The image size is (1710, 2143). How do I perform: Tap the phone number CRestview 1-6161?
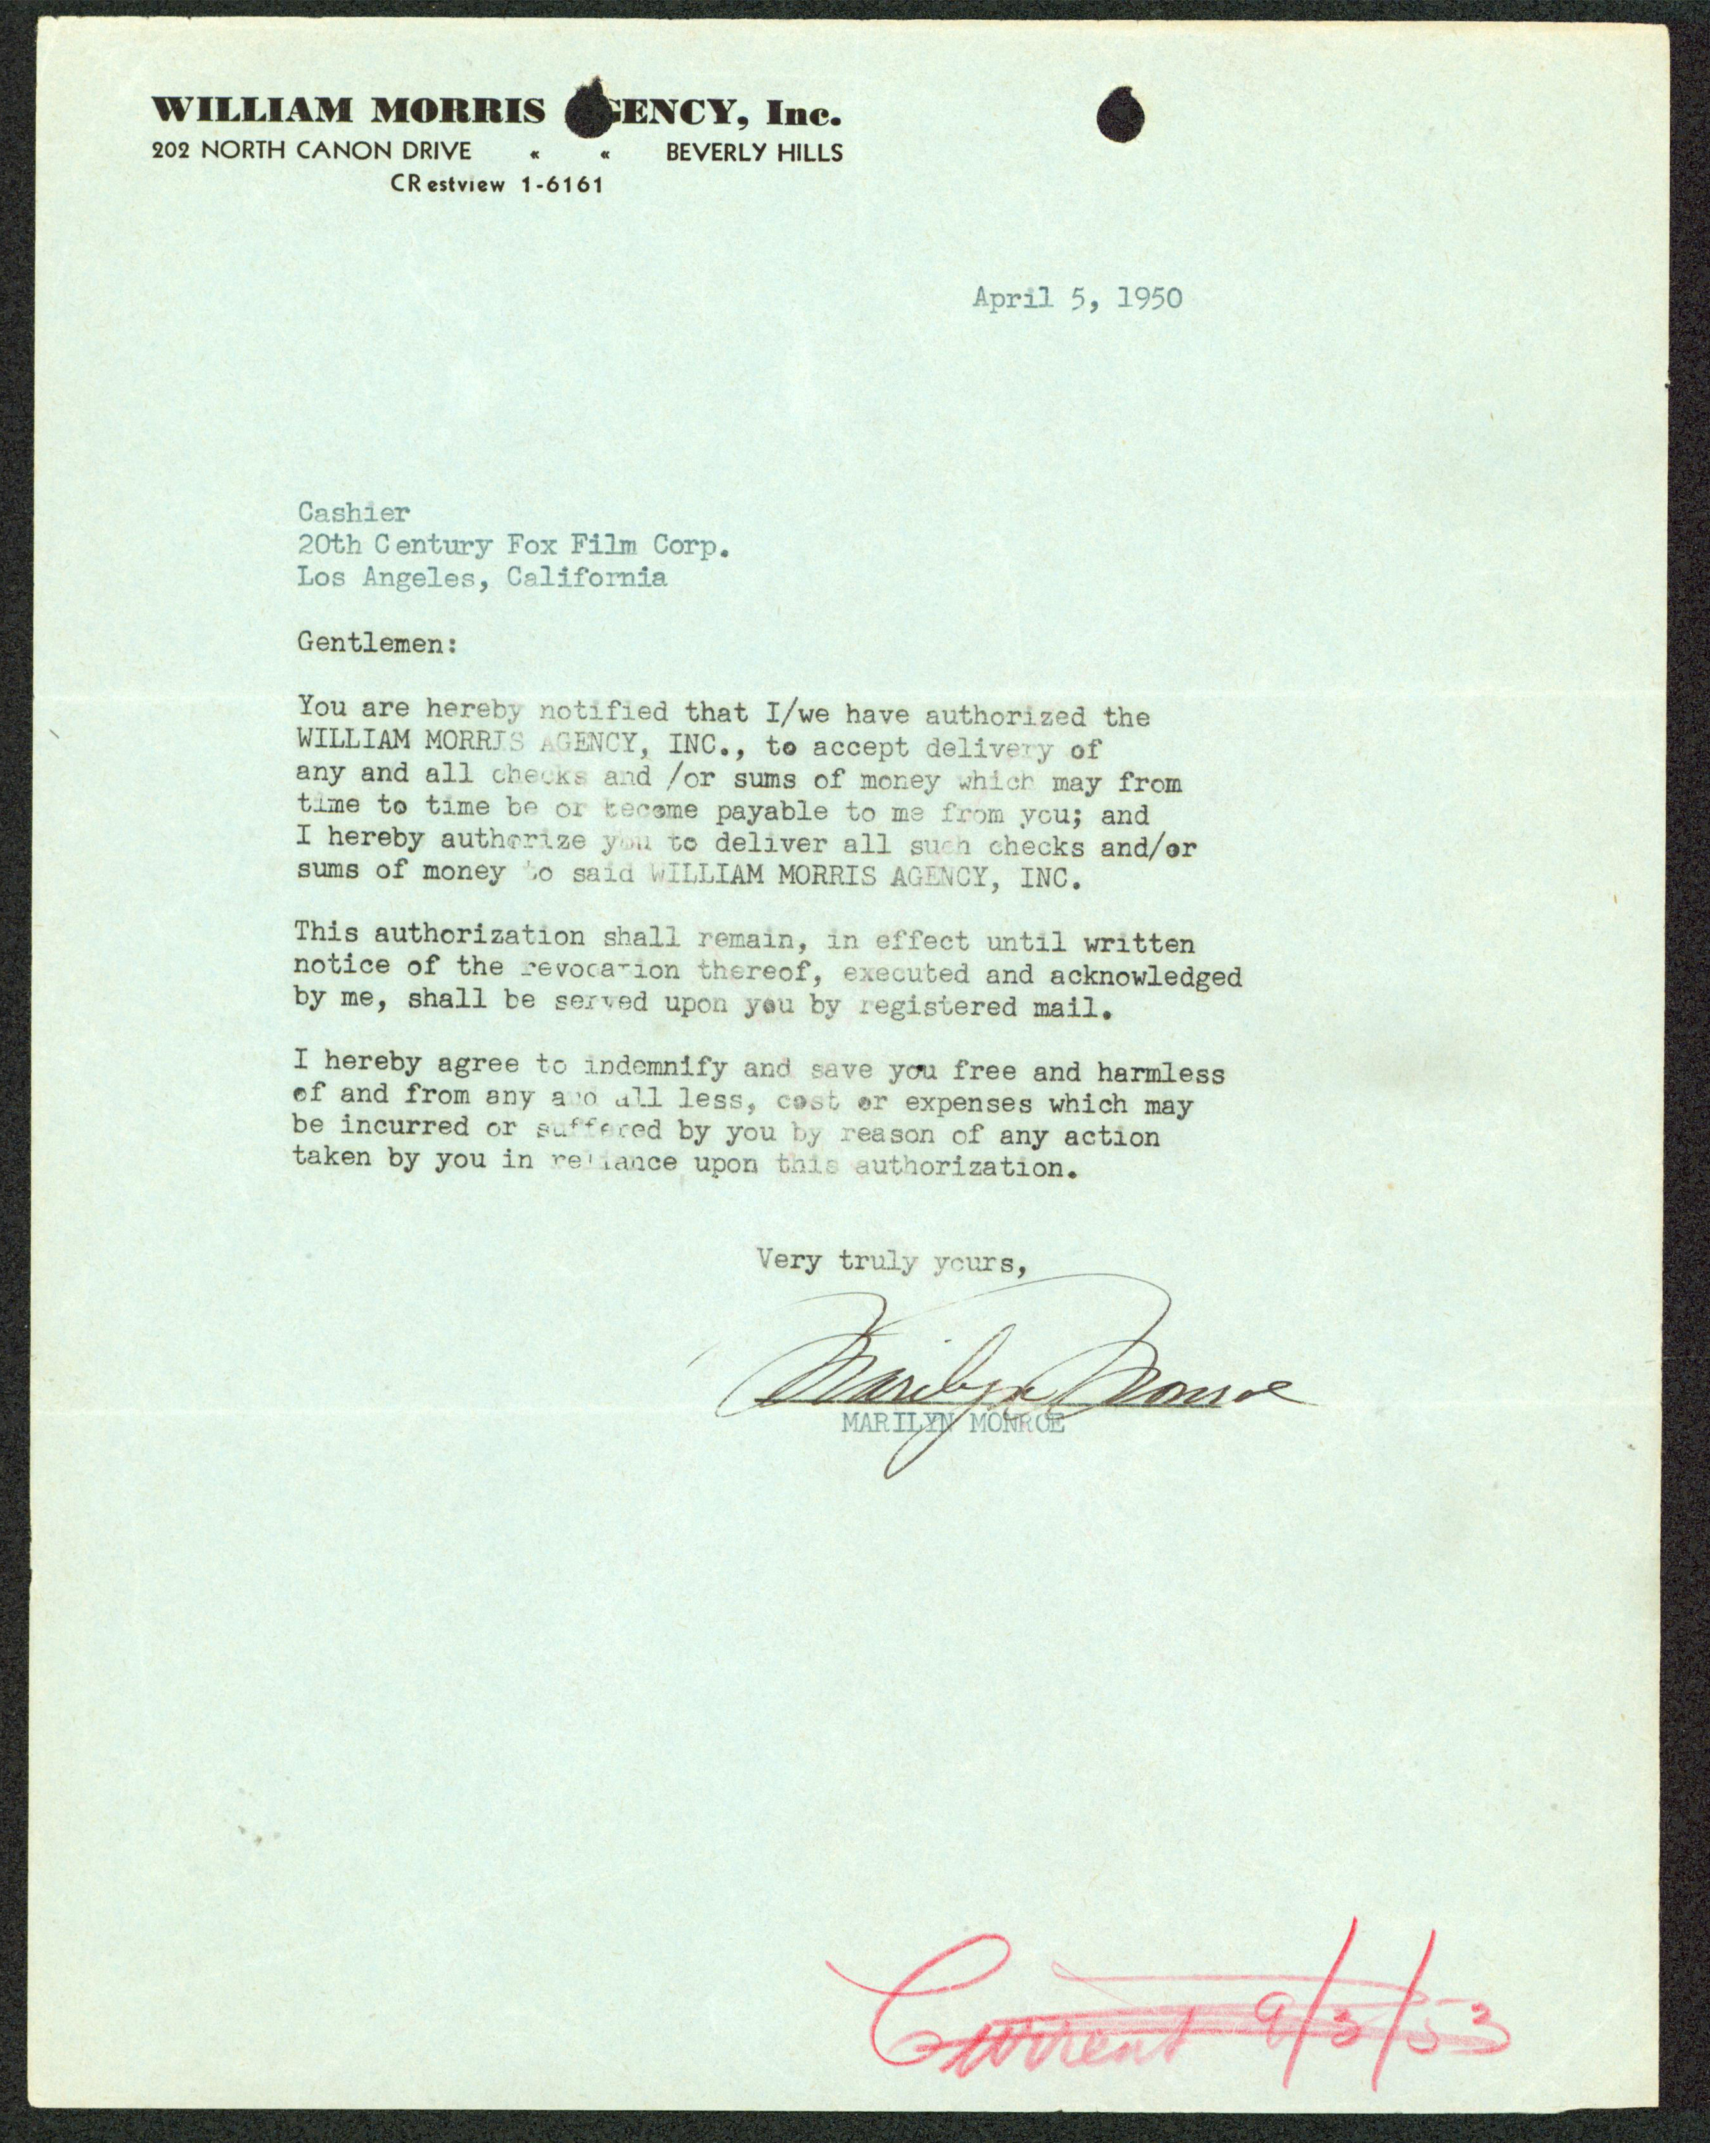(497, 184)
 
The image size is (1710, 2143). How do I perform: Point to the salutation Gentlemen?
(378, 643)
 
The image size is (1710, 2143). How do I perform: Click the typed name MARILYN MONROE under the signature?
(952, 1424)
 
